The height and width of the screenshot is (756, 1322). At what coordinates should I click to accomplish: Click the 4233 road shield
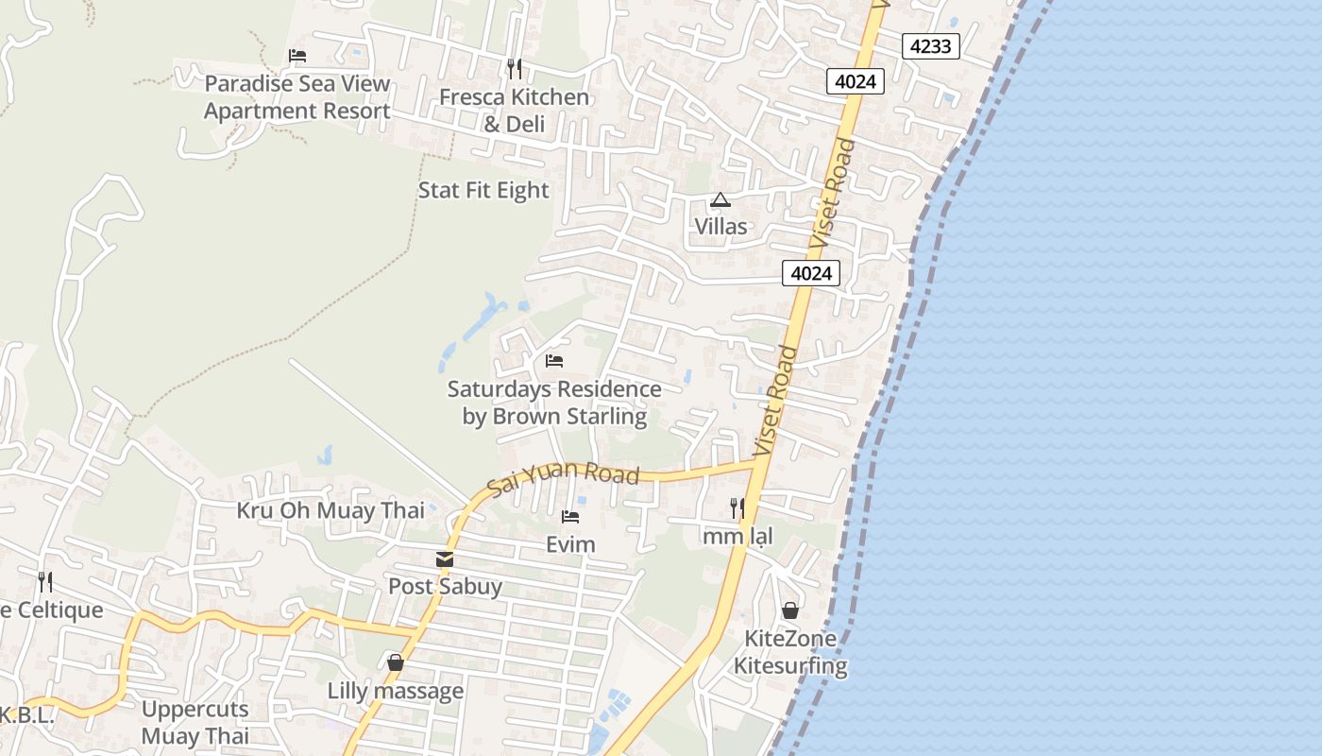930,45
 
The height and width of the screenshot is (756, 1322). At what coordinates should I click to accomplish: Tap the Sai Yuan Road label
564,478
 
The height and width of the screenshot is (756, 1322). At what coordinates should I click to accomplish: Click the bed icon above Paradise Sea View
297,56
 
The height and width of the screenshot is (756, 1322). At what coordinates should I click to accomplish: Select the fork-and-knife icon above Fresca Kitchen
514,68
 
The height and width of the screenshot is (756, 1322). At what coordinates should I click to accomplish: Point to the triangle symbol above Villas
720,200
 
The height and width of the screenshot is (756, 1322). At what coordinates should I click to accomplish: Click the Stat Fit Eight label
483,190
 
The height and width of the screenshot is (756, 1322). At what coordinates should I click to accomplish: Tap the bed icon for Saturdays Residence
554,361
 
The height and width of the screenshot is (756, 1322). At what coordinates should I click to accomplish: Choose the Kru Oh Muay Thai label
330,510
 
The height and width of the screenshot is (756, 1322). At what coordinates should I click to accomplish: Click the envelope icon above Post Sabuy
445,559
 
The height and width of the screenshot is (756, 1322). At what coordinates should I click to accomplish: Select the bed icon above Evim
569,517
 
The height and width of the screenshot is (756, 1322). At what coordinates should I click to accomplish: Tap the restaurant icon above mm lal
737,508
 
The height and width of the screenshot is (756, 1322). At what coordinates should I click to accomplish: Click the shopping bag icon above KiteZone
790,610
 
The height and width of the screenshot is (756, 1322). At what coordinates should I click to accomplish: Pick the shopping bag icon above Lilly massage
396,663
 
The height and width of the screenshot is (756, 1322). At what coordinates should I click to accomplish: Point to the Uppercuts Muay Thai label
195,722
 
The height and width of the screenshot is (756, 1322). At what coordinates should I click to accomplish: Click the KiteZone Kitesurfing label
790,652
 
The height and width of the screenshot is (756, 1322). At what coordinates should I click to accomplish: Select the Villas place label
720,227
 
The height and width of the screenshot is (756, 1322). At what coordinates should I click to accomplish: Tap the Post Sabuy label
445,586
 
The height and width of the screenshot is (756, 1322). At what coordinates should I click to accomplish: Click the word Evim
570,544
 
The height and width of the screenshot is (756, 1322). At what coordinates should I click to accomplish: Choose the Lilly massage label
396,691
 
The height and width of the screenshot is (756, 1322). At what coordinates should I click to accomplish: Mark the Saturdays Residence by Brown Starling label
554,403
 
